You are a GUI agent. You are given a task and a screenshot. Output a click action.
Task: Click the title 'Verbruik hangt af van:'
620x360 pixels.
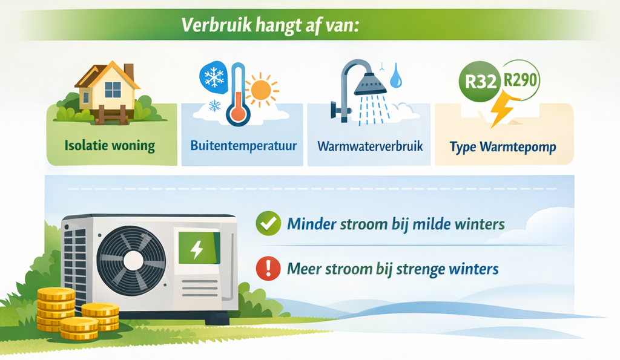270,25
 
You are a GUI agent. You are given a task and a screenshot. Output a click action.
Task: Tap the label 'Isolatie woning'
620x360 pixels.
110,145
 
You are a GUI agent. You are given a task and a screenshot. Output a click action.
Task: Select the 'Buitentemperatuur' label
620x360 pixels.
243,145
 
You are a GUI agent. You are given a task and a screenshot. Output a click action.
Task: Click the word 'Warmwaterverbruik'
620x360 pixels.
370,146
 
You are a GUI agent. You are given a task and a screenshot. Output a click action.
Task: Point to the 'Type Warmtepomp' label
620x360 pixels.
503,147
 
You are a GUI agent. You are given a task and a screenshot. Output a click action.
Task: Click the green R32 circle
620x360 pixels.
480,82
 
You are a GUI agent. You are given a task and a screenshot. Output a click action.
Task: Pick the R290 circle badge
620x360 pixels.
520,80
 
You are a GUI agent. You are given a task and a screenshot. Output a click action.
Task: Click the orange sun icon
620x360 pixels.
261,90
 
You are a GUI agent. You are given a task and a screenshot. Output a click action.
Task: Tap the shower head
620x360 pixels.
370,83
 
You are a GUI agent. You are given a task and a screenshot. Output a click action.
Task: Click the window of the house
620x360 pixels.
113,90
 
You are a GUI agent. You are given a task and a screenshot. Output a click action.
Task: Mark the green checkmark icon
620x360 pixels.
268,223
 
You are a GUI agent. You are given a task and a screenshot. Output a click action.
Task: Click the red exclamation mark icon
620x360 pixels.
268,268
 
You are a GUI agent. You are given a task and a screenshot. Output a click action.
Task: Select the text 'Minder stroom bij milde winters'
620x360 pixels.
396,224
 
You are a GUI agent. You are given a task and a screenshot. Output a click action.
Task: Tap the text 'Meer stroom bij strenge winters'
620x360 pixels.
392,269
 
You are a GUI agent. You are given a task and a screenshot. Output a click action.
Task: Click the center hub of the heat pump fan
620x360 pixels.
133,261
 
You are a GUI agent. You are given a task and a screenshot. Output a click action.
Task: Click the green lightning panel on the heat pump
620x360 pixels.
199,248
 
